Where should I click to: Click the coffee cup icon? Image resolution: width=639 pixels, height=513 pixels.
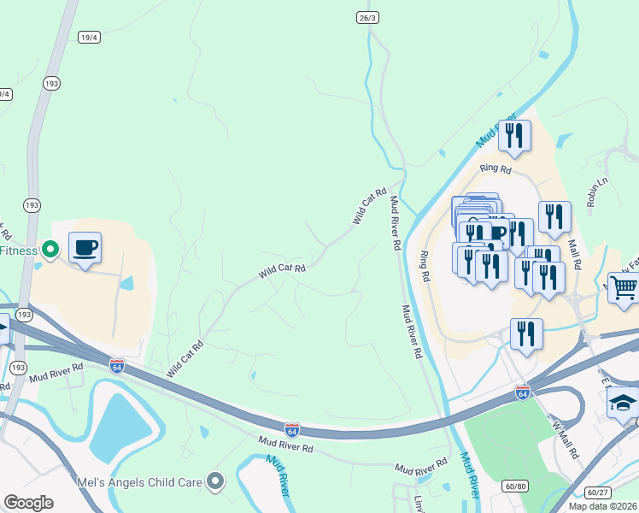[x=85, y=248]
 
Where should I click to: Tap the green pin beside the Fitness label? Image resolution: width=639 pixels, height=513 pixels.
[x=50, y=250]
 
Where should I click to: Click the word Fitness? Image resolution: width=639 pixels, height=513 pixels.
[x=19, y=251]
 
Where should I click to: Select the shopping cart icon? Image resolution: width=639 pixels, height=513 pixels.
[x=624, y=289]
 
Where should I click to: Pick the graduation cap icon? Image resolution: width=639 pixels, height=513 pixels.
[x=623, y=402]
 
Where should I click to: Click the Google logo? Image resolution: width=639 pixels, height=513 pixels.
[x=28, y=503]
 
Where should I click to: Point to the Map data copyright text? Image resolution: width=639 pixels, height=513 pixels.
[x=603, y=506]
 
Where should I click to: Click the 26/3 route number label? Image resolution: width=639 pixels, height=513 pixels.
[x=366, y=17]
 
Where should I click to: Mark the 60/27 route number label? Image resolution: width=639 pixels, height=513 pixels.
[x=597, y=492]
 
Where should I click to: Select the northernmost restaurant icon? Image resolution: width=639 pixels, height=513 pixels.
[x=514, y=136]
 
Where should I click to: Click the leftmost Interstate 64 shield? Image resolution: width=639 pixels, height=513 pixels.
[x=117, y=365]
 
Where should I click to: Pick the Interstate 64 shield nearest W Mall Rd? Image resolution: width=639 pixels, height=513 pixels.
[x=523, y=392]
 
